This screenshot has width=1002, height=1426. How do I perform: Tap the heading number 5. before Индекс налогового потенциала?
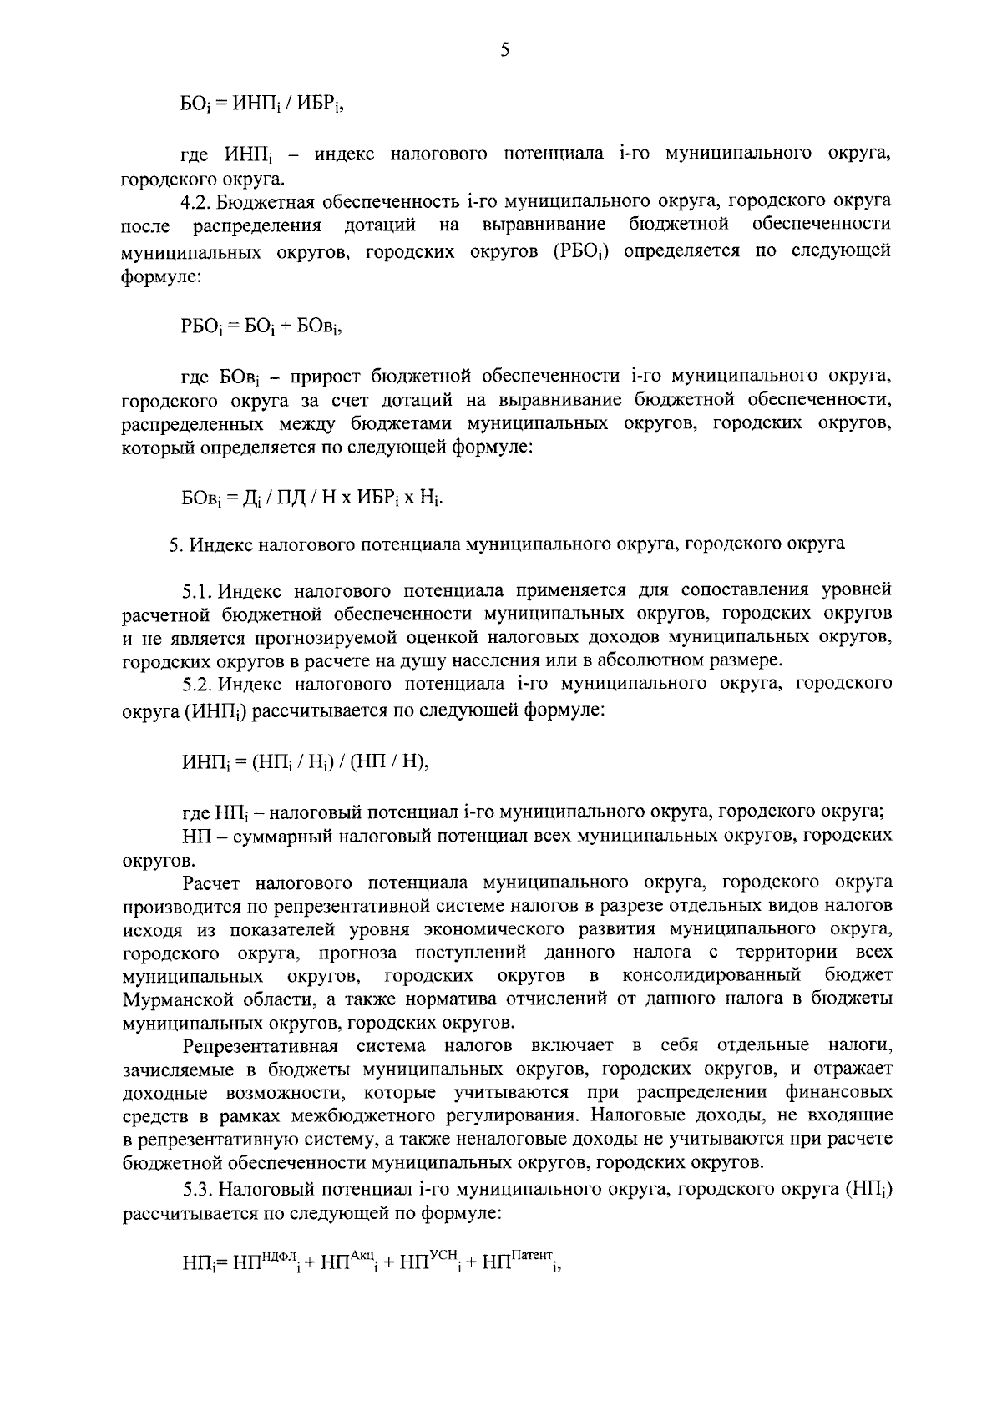pos(175,544)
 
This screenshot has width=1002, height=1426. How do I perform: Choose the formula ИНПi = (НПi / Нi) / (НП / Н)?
pos(306,762)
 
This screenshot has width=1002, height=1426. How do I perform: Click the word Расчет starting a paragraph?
pos(213,882)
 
